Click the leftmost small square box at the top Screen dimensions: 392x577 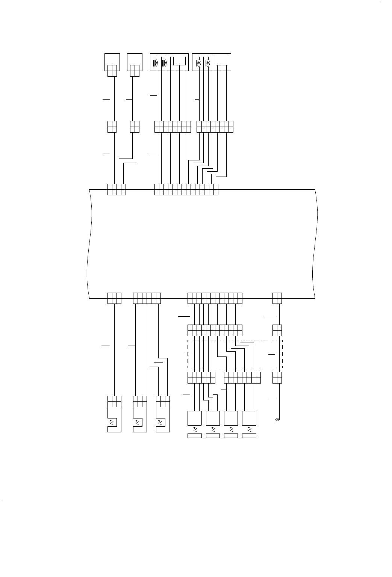click(x=112, y=62)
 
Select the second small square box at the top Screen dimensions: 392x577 click(x=135, y=62)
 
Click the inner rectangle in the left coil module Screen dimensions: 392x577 click(x=179, y=61)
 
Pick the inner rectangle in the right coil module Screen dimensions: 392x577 click(x=222, y=61)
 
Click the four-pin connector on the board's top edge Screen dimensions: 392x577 click(x=117, y=189)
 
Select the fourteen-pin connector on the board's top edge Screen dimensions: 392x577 click(x=186, y=189)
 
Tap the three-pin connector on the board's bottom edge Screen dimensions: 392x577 click(x=114, y=298)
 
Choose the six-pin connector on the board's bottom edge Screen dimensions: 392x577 click(x=147, y=298)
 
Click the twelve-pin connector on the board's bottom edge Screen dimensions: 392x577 click(x=215, y=298)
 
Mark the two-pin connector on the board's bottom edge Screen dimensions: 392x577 click(x=277, y=298)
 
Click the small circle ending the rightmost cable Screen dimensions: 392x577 click(x=277, y=420)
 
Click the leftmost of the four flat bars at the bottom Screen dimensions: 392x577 click(x=194, y=436)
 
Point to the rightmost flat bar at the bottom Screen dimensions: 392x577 click(x=249, y=436)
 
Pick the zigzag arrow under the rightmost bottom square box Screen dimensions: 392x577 click(x=249, y=429)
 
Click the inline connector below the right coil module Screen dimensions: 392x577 click(x=215, y=127)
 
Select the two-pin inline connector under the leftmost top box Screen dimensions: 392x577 click(x=112, y=127)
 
